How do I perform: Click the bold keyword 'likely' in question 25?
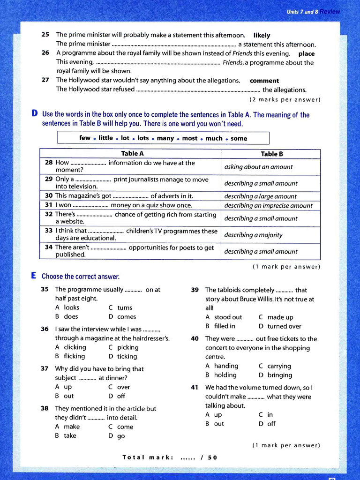point(262,35)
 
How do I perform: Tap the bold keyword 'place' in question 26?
point(307,53)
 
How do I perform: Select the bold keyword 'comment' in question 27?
point(264,81)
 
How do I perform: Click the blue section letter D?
point(34,114)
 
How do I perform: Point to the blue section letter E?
point(34,276)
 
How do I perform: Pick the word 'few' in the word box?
point(85,138)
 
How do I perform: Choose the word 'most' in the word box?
point(190,138)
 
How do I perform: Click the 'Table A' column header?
point(132,153)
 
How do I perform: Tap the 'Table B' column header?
point(272,154)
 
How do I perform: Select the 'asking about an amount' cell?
point(258,167)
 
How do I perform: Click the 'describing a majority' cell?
point(253,235)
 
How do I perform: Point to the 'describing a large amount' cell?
point(260,196)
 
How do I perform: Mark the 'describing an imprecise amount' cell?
point(268,205)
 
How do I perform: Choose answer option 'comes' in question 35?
point(126,317)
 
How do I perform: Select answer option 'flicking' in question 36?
point(75,356)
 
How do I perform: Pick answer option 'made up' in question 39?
point(280,317)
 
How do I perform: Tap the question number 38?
point(45,408)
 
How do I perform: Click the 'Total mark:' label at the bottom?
point(148,457)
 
